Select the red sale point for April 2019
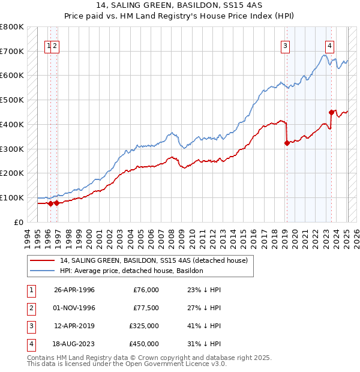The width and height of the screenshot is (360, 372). pyautogui.click(x=287, y=143)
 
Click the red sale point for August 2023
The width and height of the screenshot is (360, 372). pyautogui.click(x=331, y=112)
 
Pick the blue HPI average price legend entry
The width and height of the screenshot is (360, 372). pyautogui.click(x=131, y=271)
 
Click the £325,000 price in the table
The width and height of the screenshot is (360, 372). pyautogui.click(x=145, y=326)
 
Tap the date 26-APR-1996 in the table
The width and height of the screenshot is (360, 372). pyautogui.click(x=74, y=290)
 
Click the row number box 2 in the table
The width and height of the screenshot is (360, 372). pyautogui.click(x=30, y=308)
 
